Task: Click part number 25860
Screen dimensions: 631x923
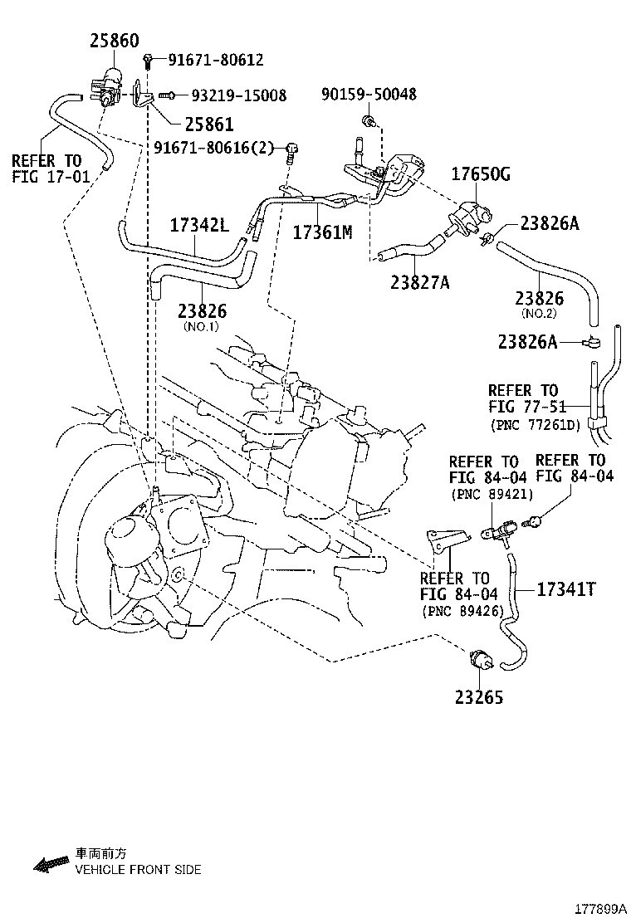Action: pyautogui.click(x=115, y=41)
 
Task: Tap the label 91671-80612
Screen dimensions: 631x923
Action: pyautogui.click(x=216, y=60)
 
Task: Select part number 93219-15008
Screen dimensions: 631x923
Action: pyautogui.click(x=239, y=95)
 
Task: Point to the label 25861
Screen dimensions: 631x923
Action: pyautogui.click(x=209, y=125)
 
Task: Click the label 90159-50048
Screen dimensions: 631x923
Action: pyautogui.click(x=369, y=94)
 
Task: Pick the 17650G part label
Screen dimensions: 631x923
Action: pyautogui.click(x=481, y=174)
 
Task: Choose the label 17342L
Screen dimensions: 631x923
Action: pyautogui.click(x=199, y=225)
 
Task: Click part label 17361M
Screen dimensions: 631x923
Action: pyautogui.click(x=323, y=232)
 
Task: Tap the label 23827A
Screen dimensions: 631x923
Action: pyautogui.click(x=419, y=282)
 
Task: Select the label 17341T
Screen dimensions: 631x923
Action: pyautogui.click(x=566, y=588)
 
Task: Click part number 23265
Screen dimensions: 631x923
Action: pyautogui.click(x=479, y=697)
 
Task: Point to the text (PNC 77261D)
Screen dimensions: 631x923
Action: pyautogui.click(x=535, y=424)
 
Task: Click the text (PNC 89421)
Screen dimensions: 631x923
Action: pyautogui.click(x=492, y=494)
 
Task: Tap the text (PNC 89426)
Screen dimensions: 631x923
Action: pyautogui.click(x=462, y=611)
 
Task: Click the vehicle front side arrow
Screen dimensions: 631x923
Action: pyautogui.click(x=51, y=863)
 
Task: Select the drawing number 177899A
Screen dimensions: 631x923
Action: pyautogui.click(x=601, y=909)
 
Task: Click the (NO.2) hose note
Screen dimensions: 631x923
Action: pyautogui.click(x=539, y=314)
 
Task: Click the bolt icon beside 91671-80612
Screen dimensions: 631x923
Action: pyautogui.click(x=148, y=59)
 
